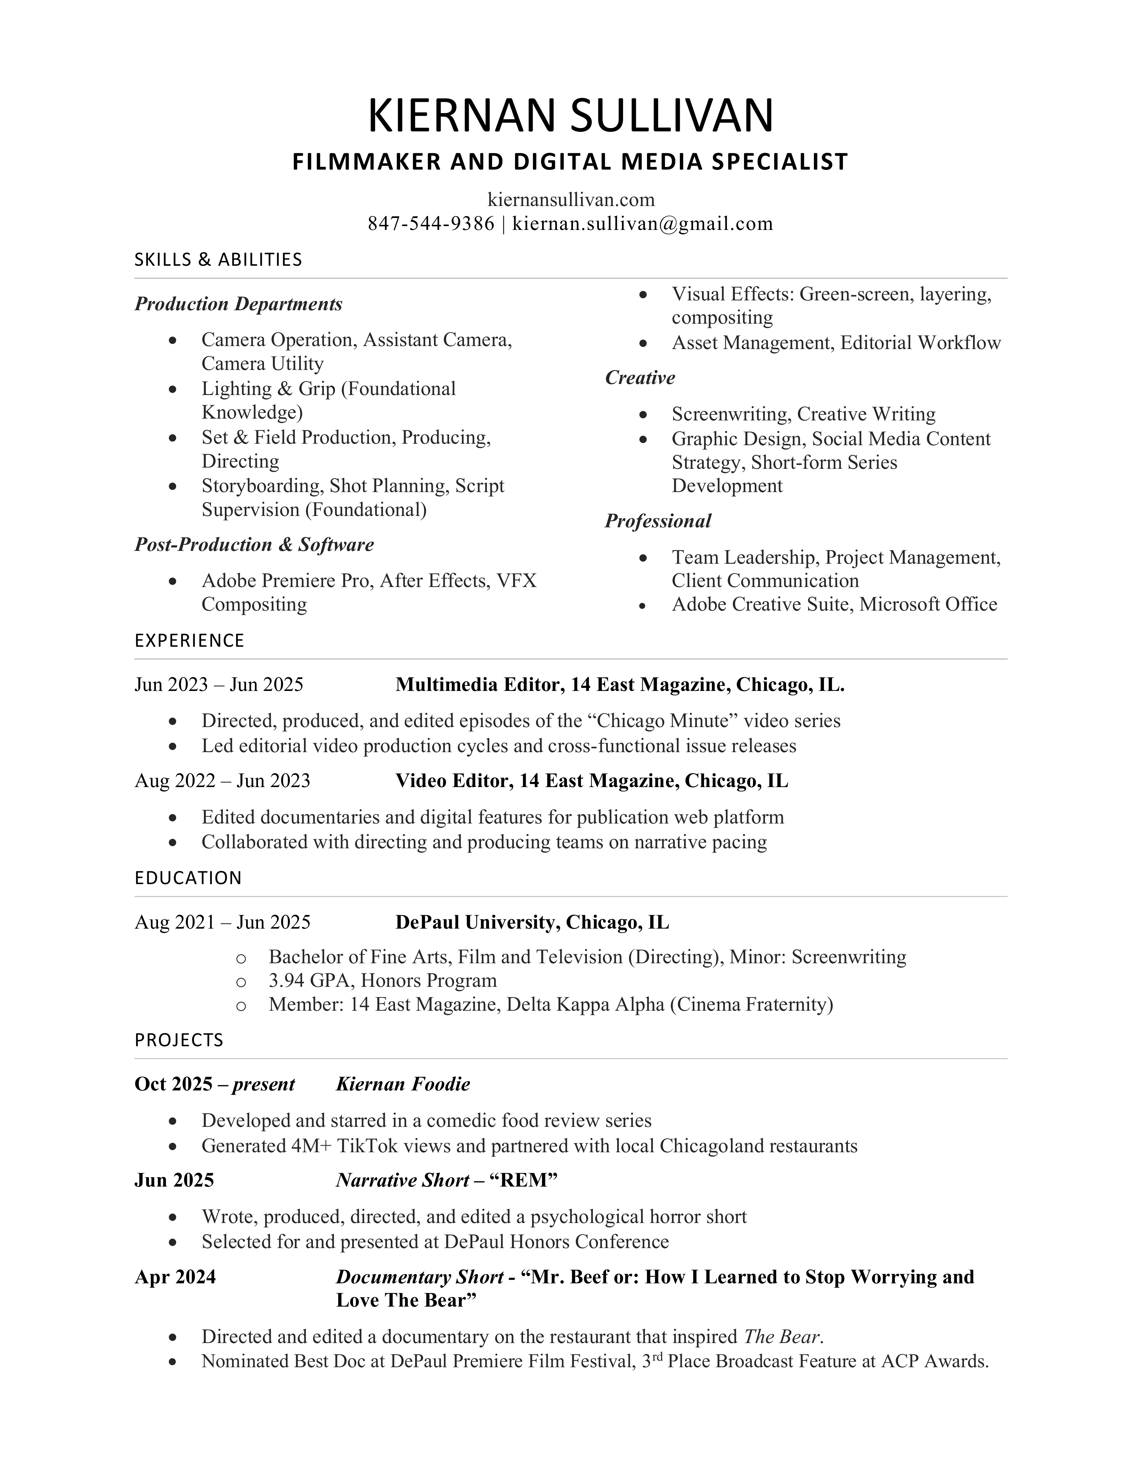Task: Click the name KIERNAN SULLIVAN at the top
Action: (570, 116)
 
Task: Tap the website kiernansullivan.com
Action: (570, 200)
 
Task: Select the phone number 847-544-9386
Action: (431, 224)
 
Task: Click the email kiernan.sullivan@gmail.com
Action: (642, 224)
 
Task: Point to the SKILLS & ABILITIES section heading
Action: (218, 260)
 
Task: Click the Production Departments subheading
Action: (238, 304)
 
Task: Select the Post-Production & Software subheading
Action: (254, 545)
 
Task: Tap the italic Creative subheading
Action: (639, 378)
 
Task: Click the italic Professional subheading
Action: (658, 521)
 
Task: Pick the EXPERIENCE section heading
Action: (189, 641)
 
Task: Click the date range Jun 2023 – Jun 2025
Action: (219, 685)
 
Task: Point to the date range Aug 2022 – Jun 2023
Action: (222, 781)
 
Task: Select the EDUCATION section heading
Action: (188, 878)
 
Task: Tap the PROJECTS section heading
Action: (179, 1040)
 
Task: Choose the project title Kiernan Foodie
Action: (402, 1084)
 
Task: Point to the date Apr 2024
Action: (175, 1277)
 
